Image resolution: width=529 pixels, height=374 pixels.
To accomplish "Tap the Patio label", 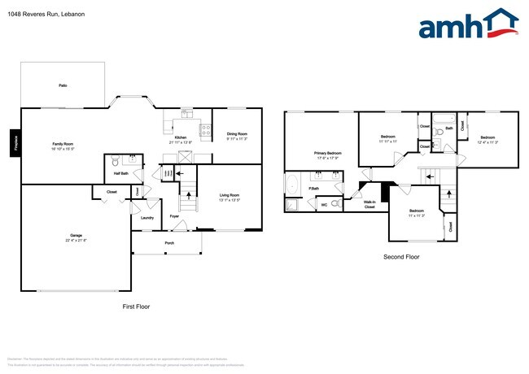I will (x=62, y=85).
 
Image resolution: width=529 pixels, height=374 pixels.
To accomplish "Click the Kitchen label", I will (x=180, y=139).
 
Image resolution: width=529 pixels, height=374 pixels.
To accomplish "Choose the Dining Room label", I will (x=236, y=136).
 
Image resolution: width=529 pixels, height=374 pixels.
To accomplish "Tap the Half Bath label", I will (x=120, y=173).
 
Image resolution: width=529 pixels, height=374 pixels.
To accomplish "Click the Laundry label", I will (x=146, y=217).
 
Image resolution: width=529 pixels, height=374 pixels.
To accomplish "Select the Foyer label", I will (x=174, y=217).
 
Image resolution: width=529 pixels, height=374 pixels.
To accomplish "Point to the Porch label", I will (x=169, y=242).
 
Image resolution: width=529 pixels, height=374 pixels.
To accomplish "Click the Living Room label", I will (x=230, y=196).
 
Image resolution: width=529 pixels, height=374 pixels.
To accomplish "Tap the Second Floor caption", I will (x=400, y=257).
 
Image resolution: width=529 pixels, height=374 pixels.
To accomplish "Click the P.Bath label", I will (x=313, y=189).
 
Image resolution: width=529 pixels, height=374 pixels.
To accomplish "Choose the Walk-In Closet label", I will (x=369, y=205).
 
